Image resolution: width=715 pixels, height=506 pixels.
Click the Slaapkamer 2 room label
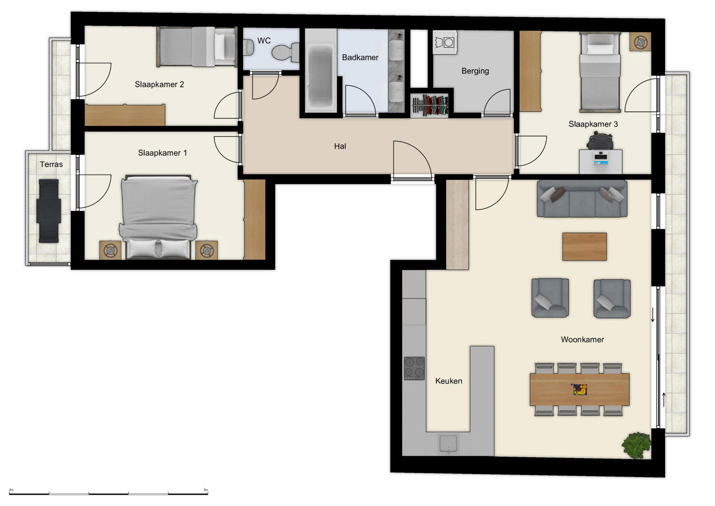click(x=159, y=84)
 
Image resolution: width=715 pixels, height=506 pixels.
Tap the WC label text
click(x=264, y=41)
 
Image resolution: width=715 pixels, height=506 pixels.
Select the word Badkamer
click(x=360, y=57)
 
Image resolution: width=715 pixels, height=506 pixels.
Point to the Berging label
click(x=475, y=71)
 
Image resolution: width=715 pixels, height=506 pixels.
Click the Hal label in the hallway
click(x=340, y=146)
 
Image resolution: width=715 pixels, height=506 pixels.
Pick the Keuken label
click(x=449, y=381)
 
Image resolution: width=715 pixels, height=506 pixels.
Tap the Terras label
click(x=51, y=164)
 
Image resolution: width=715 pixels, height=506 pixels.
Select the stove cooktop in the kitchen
click(x=414, y=368)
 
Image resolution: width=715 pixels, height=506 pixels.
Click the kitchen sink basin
click(x=449, y=444)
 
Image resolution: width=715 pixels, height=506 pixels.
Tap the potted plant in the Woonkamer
click(x=637, y=445)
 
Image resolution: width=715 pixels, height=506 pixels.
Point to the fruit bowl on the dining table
click(x=580, y=389)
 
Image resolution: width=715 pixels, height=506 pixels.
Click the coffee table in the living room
click(x=584, y=247)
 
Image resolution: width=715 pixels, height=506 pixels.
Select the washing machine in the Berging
click(x=445, y=42)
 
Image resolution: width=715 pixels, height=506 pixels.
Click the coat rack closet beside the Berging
click(x=430, y=105)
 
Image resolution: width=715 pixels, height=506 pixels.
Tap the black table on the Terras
click(x=49, y=211)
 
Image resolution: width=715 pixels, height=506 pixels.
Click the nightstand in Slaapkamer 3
click(x=640, y=42)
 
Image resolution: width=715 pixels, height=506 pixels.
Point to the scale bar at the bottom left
click(x=108, y=493)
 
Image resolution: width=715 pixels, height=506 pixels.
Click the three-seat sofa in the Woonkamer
click(x=582, y=199)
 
